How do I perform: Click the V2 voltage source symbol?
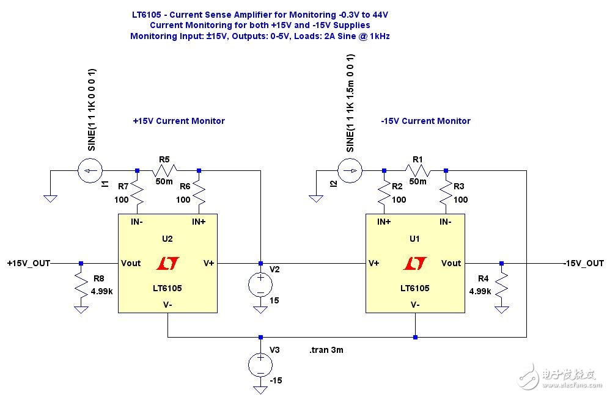click(x=260, y=285)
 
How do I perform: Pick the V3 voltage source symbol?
click(x=260, y=364)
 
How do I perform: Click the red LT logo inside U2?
click(x=167, y=264)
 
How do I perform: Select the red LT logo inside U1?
click(x=414, y=264)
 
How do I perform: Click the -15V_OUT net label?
click(x=583, y=263)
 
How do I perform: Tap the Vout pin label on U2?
click(x=131, y=263)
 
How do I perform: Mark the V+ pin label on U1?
click(x=375, y=263)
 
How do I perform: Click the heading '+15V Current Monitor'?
click(x=178, y=121)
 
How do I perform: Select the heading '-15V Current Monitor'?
click(x=425, y=121)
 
